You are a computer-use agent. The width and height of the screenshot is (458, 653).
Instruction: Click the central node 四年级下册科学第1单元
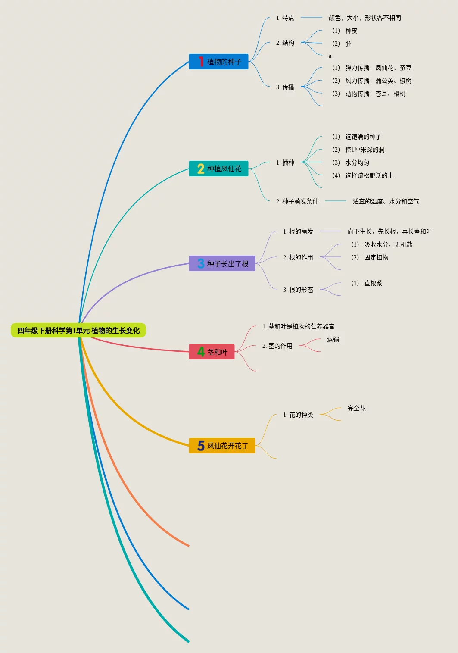[x=78, y=331]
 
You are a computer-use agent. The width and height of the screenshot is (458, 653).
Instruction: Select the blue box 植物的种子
[x=218, y=62]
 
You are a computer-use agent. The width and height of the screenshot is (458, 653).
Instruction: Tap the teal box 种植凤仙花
[x=218, y=169]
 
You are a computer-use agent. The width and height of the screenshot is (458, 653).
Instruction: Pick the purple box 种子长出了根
[x=222, y=264]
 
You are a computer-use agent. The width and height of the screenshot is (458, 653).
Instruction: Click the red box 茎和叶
[x=212, y=352]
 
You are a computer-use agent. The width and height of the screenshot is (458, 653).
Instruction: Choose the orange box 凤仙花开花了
[x=222, y=446]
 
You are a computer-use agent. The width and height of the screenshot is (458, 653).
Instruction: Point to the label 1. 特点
[x=285, y=18]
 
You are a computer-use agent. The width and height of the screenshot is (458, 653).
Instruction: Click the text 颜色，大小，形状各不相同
[x=365, y=18]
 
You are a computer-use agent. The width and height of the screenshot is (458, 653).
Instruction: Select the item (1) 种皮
[x=345, y=31]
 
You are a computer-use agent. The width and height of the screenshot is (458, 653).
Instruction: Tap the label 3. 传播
[x=285, y=87]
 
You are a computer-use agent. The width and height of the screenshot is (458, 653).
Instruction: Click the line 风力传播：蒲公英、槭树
[x=372, y=81]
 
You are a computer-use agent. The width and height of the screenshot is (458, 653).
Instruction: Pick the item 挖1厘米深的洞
[x=358, y=150]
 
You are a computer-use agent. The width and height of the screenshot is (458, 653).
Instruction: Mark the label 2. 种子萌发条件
[x=297, y=201]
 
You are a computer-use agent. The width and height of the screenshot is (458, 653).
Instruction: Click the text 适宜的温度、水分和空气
[x=386, y=201]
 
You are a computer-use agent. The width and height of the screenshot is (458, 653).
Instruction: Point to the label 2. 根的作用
[x=298, y=257]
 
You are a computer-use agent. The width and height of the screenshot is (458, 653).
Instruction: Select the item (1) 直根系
[x=367, y=283]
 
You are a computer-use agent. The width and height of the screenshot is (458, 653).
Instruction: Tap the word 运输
[x=333, y=339]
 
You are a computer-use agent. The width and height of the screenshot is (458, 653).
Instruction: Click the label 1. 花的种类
[x=298, y=415]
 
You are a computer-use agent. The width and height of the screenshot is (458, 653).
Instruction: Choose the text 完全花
[x=357, y=408]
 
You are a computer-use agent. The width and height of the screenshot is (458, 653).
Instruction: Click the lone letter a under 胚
[x=330, y=56]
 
